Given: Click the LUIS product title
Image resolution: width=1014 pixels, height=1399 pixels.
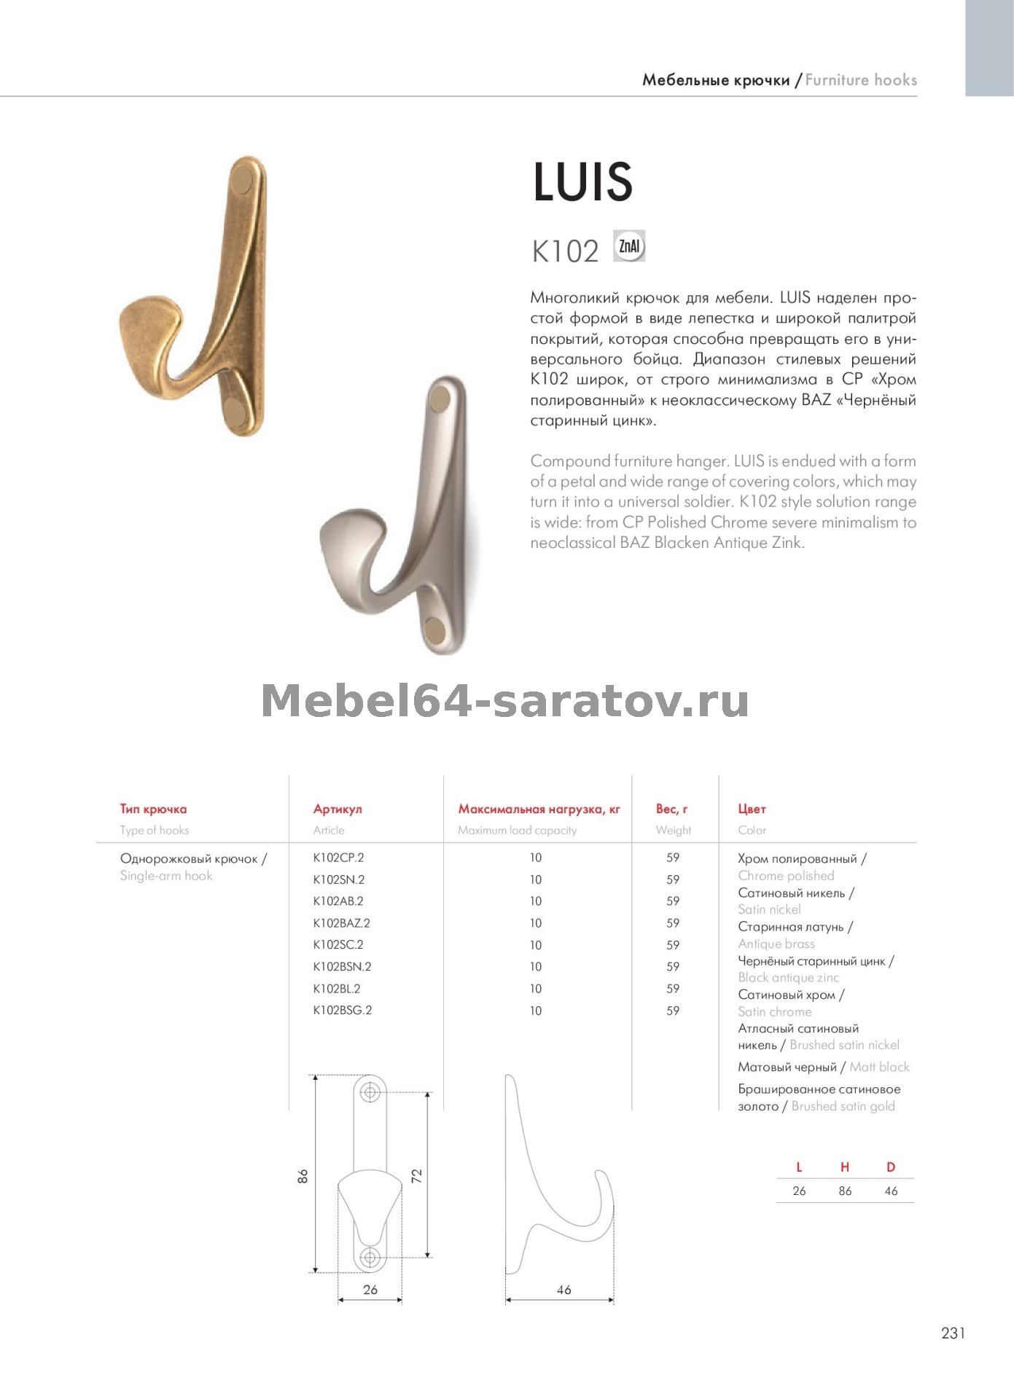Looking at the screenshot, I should point(582,181).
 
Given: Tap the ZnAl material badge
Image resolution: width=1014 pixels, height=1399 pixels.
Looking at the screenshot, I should point(629,246).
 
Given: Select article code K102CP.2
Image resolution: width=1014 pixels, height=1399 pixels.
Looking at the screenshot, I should point(338,858).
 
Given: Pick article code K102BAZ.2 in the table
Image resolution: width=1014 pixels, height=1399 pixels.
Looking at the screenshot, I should point(341,923).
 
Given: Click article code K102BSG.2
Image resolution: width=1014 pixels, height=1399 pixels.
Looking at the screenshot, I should point(342,1010).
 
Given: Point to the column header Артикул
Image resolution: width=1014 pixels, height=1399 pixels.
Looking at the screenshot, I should point(338,809).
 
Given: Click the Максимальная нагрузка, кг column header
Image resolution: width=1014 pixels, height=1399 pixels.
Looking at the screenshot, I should point(539,809).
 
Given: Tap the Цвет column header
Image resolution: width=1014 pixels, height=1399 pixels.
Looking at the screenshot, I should point(752,809).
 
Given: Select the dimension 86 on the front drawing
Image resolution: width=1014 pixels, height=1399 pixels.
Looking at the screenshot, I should point(303,1175).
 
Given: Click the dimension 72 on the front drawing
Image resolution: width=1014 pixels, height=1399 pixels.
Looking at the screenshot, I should point(416,1175).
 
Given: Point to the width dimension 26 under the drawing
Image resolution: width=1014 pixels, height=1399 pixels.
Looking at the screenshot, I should point(370,1290).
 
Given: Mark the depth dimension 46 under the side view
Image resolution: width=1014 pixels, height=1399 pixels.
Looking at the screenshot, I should point(563,1290).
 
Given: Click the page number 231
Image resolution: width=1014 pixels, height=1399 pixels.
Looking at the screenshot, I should point(953,1333).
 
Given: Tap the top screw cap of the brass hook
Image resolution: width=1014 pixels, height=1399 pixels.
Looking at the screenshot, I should point(243,179).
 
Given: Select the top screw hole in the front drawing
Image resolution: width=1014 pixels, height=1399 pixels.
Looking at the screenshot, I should point(371,1092).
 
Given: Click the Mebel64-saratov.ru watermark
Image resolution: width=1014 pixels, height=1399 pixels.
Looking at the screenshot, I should point(504,701).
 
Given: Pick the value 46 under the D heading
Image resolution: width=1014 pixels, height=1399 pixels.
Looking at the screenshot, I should point(890,1191).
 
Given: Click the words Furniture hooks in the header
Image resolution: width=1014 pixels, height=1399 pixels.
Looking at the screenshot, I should point(861,80).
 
